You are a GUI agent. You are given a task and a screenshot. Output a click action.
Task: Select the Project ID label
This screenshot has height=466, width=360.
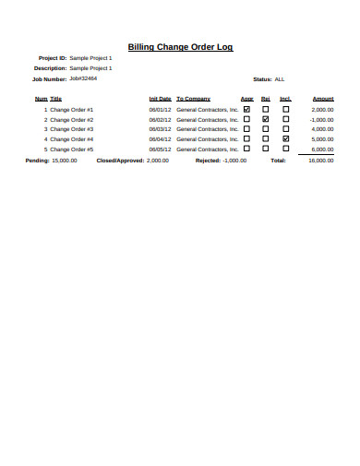[x=52, y=58]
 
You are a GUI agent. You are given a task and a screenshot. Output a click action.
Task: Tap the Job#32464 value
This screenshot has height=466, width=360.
[x=83, y=78]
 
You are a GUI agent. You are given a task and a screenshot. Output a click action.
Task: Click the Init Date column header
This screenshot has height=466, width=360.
[x=160, y=99]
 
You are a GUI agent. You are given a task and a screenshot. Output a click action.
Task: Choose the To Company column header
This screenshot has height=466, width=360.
[x=193, y=99]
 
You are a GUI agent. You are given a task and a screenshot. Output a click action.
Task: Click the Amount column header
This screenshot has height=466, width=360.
[x=323, y=99]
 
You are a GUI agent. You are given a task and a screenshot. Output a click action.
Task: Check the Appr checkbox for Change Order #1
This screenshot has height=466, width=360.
[x=246, y=110]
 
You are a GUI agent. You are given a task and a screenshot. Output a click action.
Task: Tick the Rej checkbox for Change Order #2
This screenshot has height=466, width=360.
[x=266, y=119]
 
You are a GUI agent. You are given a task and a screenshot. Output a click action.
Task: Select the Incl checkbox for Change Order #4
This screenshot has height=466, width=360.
[x=285, y=138]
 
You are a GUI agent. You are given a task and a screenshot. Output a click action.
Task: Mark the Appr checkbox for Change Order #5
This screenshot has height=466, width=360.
[x=246, y=149]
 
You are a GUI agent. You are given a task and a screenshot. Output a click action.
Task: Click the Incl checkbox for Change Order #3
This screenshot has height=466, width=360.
[x=285, y=129]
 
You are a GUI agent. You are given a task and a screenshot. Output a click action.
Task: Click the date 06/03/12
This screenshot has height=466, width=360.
[x=160, y=129]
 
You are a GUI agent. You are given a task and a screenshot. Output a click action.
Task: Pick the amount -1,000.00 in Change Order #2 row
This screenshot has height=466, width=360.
[x=321, y=119]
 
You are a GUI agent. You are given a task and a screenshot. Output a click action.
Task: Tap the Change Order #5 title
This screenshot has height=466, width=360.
[x=71, y=149]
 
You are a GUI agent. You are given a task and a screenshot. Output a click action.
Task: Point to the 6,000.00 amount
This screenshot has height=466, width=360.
[x=323, y=149]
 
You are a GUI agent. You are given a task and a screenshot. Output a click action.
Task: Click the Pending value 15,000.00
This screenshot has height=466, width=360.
[x=64, y=160]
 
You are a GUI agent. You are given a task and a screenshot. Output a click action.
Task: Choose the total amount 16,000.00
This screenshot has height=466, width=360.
[x=320, y=160]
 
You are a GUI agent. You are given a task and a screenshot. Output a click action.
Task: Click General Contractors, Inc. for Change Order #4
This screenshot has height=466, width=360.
[x=207, y=138]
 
